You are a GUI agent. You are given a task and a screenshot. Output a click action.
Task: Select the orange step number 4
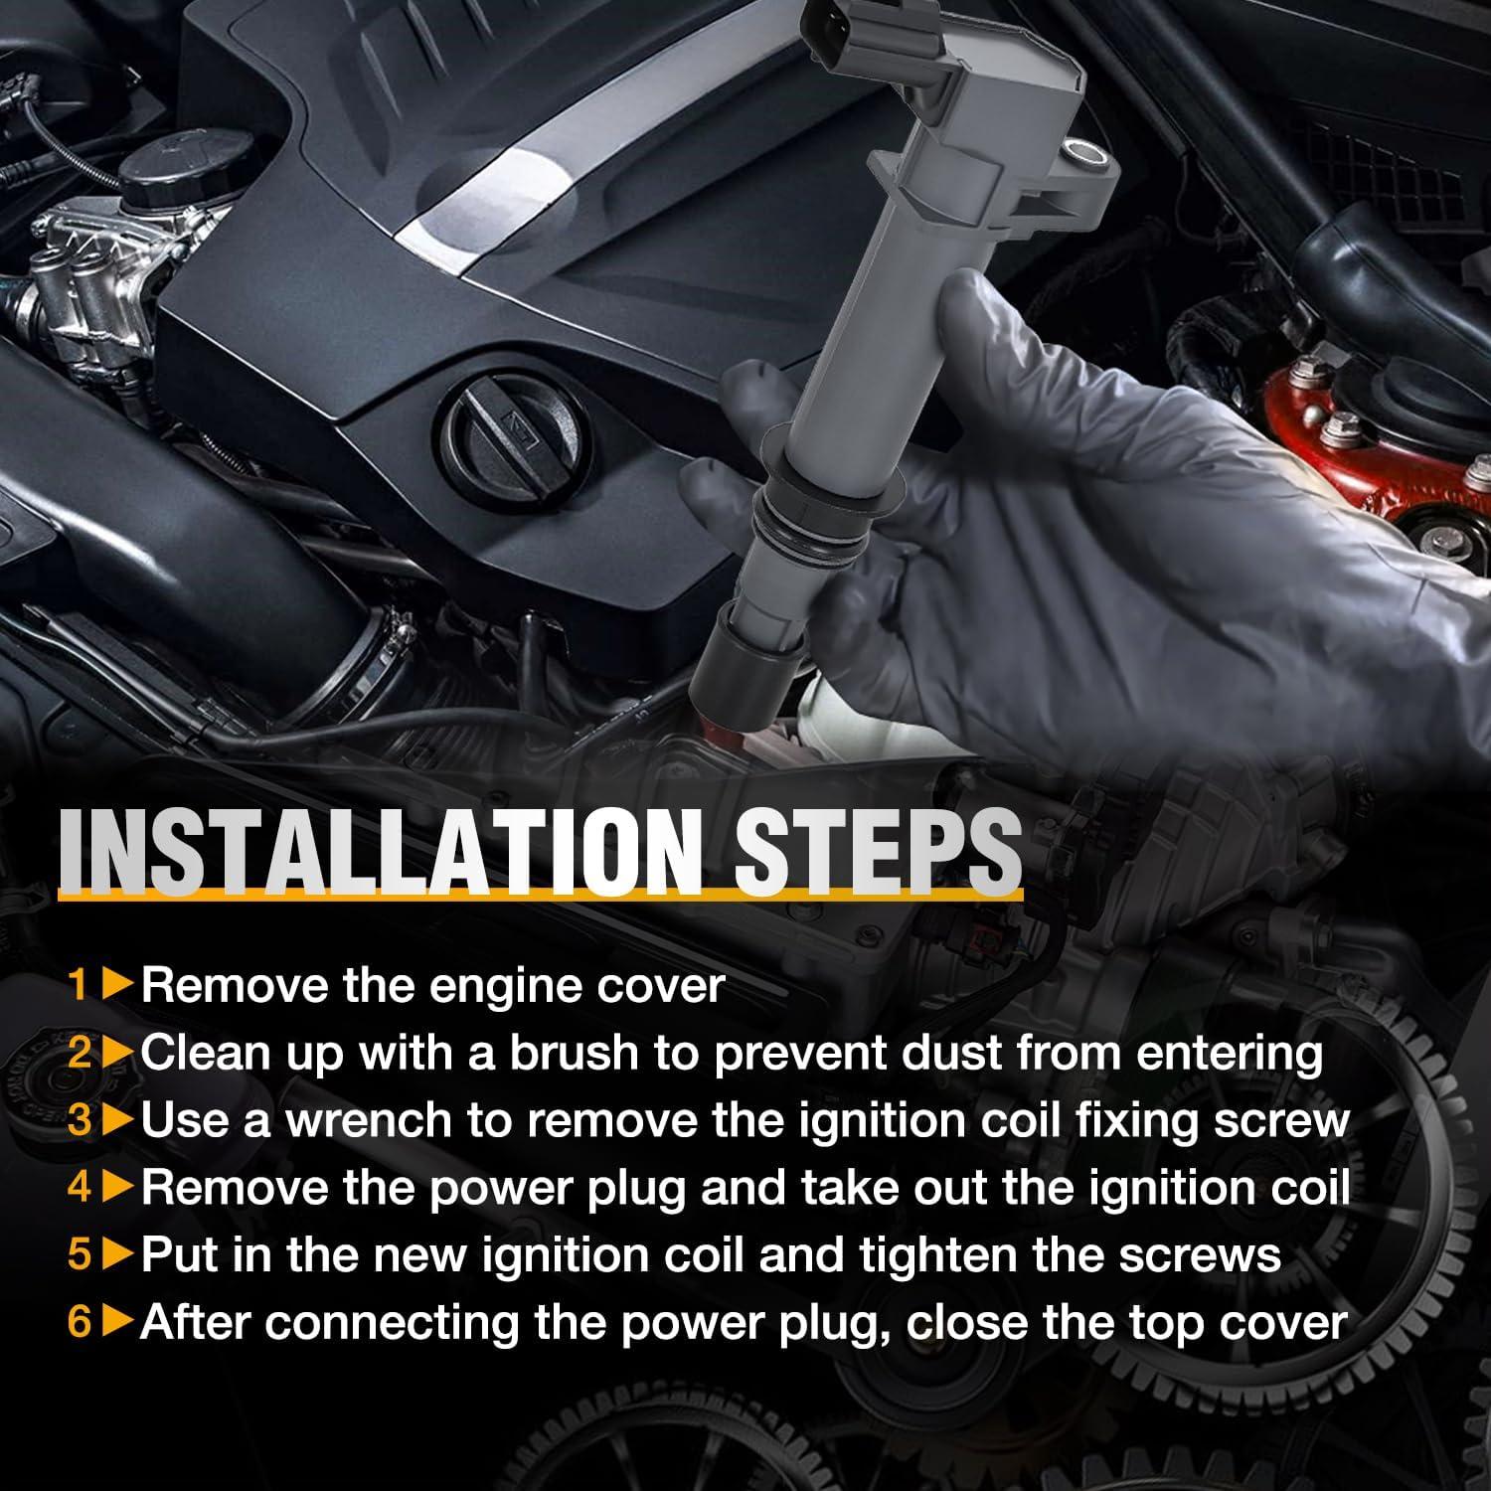pos(80,1189)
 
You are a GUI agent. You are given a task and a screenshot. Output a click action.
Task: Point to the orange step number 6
pos(80,1323)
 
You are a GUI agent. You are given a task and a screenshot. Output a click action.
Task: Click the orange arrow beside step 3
pos(117,1121)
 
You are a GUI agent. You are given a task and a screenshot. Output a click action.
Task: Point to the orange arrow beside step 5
pos(117,1255)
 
